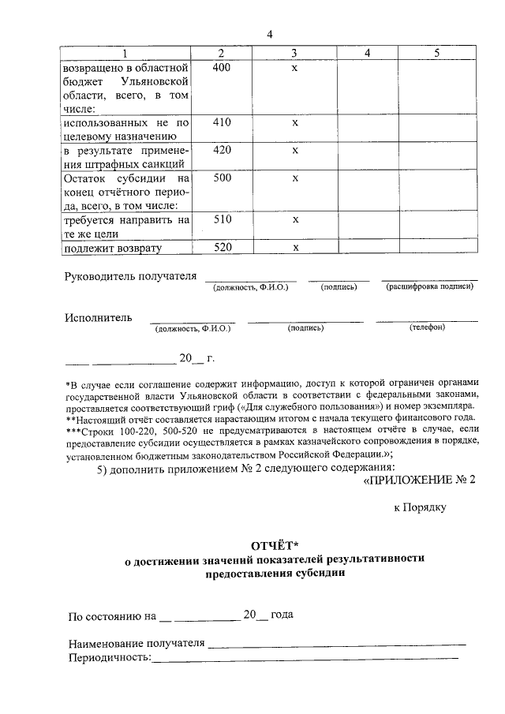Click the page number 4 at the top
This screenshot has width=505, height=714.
[269, 35]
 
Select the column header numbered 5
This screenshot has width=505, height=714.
[436, 53]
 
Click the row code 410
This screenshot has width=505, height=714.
[223, 123]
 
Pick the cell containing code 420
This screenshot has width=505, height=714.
[223, 150]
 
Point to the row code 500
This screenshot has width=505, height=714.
[223, 178]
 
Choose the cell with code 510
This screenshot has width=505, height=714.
[223, 220]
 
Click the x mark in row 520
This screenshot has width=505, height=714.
[294, 248]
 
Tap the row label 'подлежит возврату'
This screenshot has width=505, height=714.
[112, 249]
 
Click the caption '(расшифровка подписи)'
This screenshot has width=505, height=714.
[429, 286]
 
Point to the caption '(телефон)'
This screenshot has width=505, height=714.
[427, 327]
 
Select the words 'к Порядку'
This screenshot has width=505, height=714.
[420, 507]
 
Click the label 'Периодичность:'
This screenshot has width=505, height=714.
[109, 657]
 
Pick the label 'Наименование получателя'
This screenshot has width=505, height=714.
[137, 643]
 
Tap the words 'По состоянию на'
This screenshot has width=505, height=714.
[111, 615]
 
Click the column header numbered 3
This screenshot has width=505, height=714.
[294, 53]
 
